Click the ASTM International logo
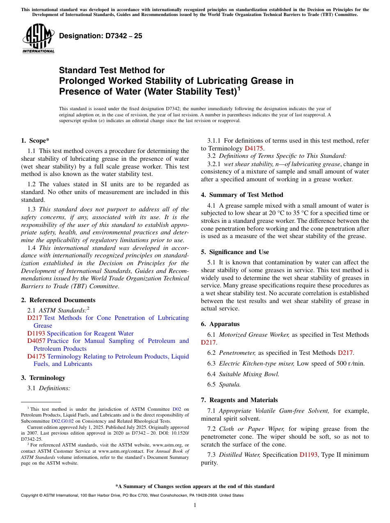pos(38,39)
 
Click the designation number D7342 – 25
pos(101,36)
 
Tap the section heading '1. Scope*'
pos(35,140)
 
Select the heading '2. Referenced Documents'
pos(58,300)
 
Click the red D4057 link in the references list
pos(36,341)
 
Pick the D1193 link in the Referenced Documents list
pos(36,333)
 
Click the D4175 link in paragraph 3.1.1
pos(254,148)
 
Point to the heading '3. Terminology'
pos(43,377)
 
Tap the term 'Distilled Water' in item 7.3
pos(240,455)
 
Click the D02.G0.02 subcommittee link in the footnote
pos(62,421)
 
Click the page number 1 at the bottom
pos(195,505)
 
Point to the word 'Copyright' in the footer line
pos(30,495)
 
